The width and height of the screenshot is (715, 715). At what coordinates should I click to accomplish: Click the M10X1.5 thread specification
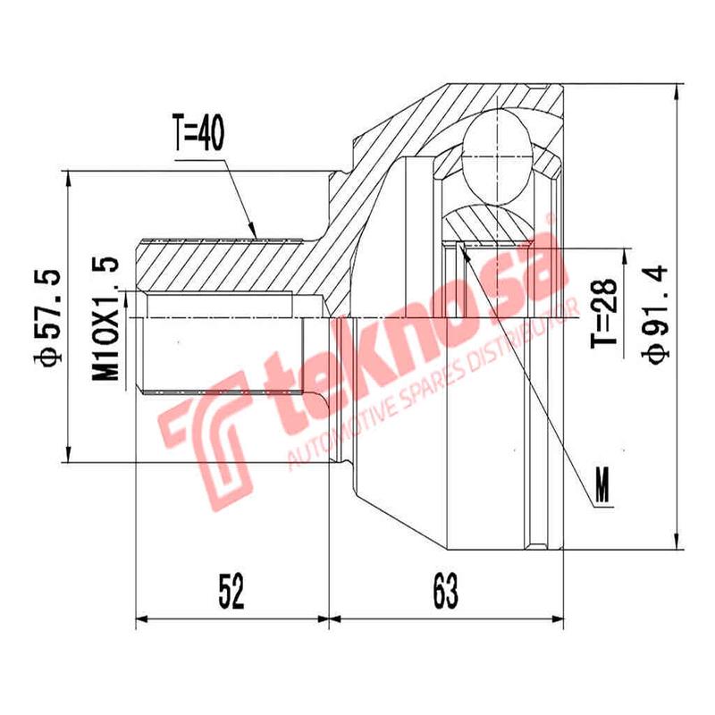coord(105,317)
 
